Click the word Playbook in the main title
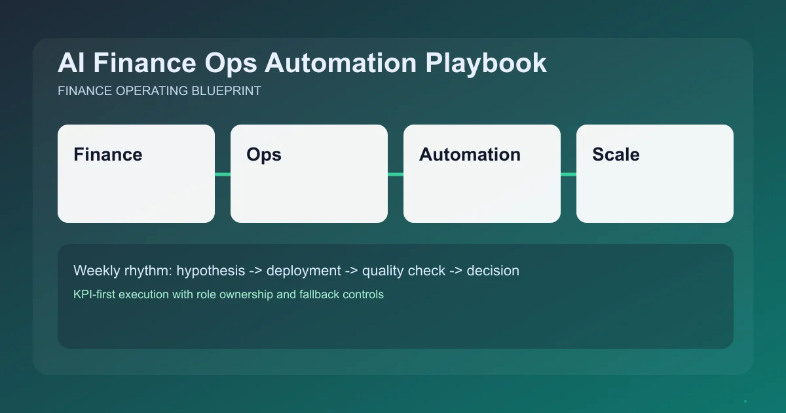click(x=486, y=64)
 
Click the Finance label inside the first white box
click(x=107, y=155)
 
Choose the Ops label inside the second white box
click(x=263, y=155)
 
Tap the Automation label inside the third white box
click(x=470, y=155)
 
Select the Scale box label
click(x=616, y=155)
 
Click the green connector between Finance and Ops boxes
click(x=223, y=174)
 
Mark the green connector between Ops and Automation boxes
click(x=396, y=174)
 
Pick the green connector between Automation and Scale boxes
click(x=569, y=174)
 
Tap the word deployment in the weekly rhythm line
click(x=303, y=271)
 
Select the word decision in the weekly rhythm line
click(x=493, y=271)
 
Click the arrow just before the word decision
click(x=456, y=271)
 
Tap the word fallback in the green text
click(x=320, y=294)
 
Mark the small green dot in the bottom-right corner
click(x=745, y=401)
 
